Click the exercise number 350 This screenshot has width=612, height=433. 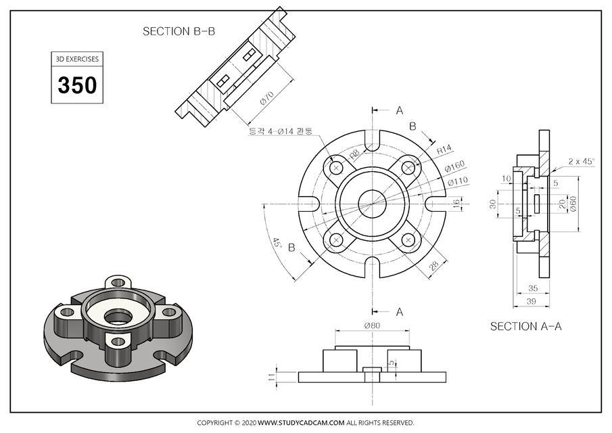pyautogui.click(x=77, y=85)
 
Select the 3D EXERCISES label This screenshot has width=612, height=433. pyautogui.click(x=77, y=59)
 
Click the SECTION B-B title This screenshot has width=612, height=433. pyautogui.click(x=179, y=31)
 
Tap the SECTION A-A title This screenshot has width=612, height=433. pyautogui.click(x=525, y=326)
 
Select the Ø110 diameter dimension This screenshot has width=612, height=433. pyautogui.click(x=457, y=181)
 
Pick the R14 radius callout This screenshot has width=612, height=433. pyautogui.click(x=444, y=149)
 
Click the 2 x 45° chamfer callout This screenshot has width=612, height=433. pyautogui.click(x=581, y=162)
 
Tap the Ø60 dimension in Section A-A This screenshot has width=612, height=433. pyautogui.click(x=573, y=203)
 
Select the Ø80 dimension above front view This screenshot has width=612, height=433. pyautogui.click(x=372, y=325)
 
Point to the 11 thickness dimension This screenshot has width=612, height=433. pyautogui.click(x=272, y=377)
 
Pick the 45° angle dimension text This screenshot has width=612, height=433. pyautogui.click(x=276, y=244)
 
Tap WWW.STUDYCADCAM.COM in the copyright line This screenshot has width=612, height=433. pyautogui.click(x=302, y=423)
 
